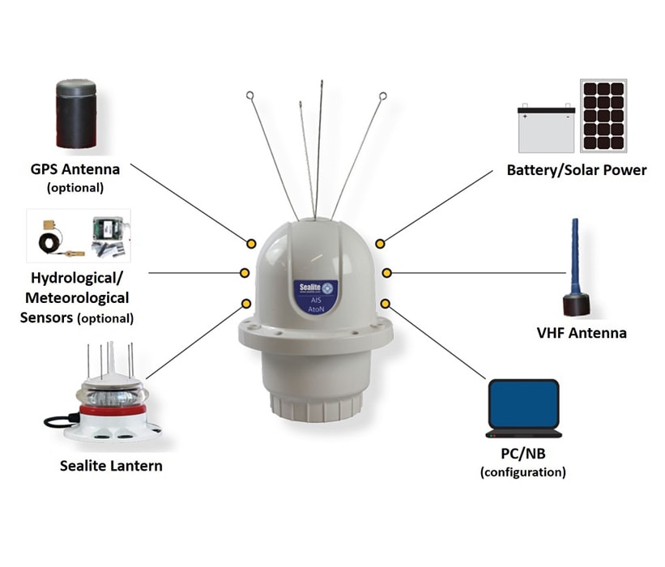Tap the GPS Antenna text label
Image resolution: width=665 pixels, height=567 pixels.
click(75, 169)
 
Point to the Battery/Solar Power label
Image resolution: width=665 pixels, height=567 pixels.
click(577, 170)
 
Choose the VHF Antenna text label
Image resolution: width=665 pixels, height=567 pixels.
click(582, 333)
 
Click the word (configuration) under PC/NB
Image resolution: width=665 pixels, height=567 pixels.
click(522, 472)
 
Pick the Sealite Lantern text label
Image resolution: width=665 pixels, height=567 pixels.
click(111, 466)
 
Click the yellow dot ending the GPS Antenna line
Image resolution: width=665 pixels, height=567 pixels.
click(251, 243)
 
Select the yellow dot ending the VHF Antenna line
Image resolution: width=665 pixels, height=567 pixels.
click(387, 272)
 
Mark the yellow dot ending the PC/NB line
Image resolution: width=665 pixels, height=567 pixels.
click(385, 303)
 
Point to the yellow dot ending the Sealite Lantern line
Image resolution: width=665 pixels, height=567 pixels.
click(246, 303)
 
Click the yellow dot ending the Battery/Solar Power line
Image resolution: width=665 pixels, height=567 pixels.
click(380, 243)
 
